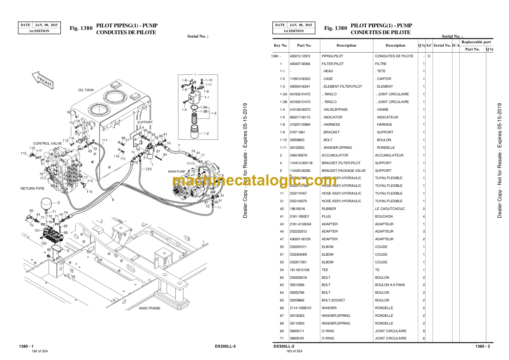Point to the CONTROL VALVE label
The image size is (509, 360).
pyautogui.click(x=47, y=143)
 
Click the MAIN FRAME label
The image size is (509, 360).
pyautogui.click(x=150, y=308)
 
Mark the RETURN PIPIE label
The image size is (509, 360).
pyautogui.click(x=33, y=188)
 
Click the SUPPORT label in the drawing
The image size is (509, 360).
pyautogui.click(x=145, y=122)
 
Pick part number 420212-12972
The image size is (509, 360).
pyautogui.click(x=300, y=56)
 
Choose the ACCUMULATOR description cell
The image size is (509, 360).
pyautogui.click(x=335, y=155)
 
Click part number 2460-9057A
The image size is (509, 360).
pyautogui.click(x=299, y=155)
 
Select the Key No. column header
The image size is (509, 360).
pyautogui.click(x=281, y=45)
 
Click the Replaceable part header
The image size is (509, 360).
pyautogui.click(x=476, y=42)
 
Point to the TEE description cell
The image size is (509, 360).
pyautogui.click(x=325, y=270)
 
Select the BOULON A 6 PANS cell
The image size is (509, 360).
pyautogui.click(x=390, y=285)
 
